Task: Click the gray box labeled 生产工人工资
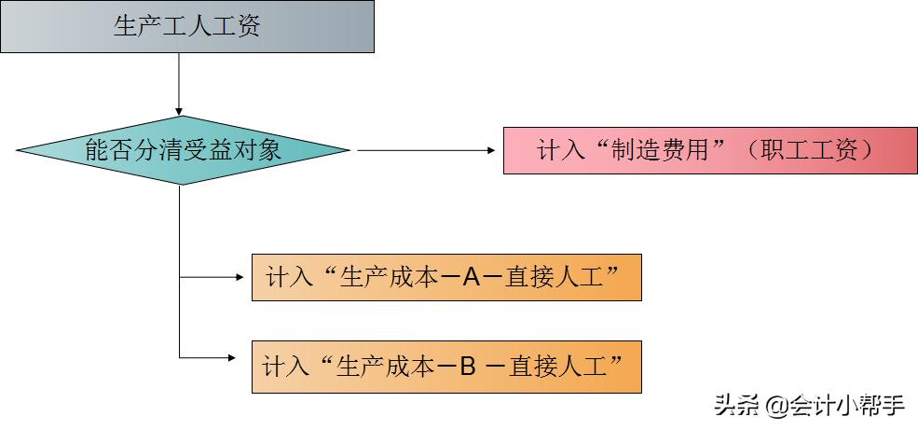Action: click(187, 26)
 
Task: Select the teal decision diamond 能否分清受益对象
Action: click(183, 150)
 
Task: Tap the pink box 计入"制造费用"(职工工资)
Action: click(709, 150)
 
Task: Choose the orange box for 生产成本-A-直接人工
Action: click(446, 277)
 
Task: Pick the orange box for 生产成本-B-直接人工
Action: click(446, 368)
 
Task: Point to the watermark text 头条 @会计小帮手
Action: click(810, 406)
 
